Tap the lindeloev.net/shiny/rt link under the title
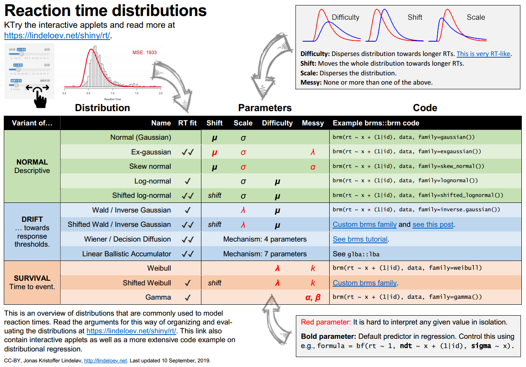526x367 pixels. click(57, 35)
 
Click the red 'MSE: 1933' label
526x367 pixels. click(145, 53)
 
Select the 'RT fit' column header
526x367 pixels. click(188, 123)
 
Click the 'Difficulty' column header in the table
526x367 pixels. click(277, 123)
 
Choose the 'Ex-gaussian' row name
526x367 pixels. click(151, 152)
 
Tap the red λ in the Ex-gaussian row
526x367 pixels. click(312, 152)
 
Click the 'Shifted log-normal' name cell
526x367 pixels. click(141, 195)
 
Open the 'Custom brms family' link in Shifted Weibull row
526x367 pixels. click(365, 283)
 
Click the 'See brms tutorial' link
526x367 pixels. click(360, 239)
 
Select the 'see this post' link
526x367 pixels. click(433, 224)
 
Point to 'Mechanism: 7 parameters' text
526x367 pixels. click(265, 254)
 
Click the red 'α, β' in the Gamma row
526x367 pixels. click(312, 297)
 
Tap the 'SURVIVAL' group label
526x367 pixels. click(32, 278)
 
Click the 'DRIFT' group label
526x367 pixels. click(32, 219)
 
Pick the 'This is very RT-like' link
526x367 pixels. click(484, 54)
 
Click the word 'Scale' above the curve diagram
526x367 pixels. click(476, 17)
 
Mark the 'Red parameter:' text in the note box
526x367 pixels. click(326, 322)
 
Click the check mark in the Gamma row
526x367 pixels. click(188, 297)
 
